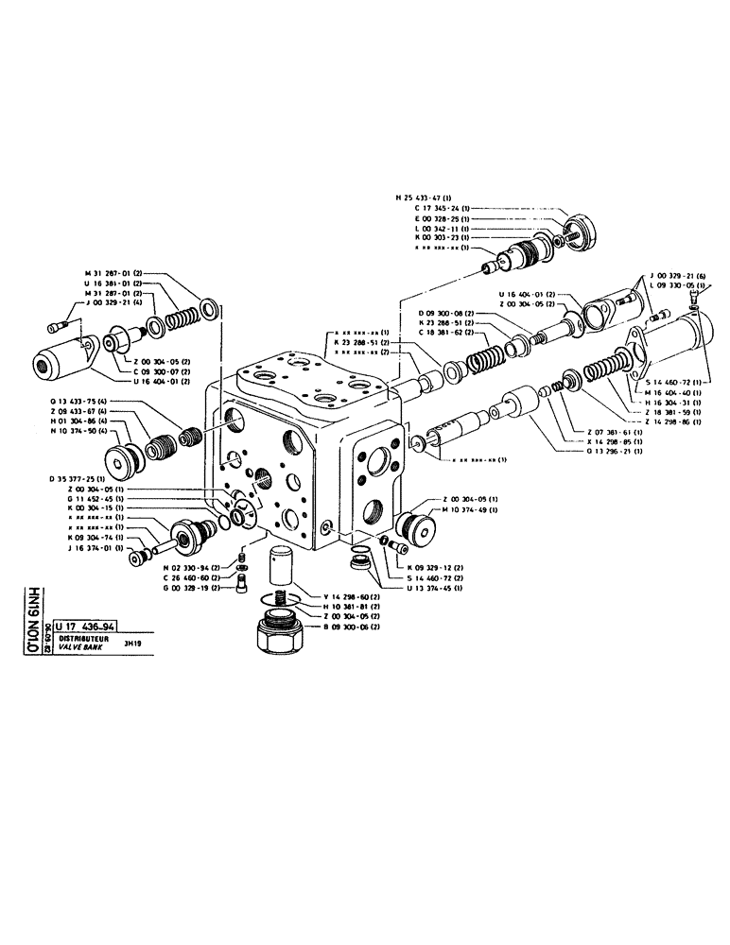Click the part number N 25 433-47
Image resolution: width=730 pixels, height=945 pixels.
click(425, 198)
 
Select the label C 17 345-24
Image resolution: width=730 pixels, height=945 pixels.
click(441, 208)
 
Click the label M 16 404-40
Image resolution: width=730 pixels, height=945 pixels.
click(672, 391)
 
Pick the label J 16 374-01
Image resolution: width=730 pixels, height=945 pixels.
click(92, 547)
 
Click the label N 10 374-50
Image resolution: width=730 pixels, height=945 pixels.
click(78, 429)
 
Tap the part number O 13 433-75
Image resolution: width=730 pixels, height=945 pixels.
click(78, 401)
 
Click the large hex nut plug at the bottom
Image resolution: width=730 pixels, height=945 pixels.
click(282, 630)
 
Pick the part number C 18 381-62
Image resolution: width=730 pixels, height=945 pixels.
click(449, 333)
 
